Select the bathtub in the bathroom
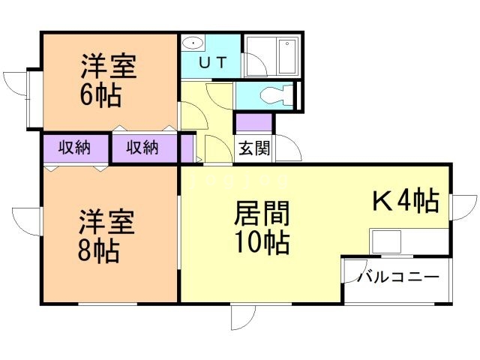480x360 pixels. (x=287, y=55)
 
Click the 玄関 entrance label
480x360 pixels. (x=254, y=148)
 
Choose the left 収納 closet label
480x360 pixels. (x=74, y=148)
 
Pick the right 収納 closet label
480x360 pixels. (x=142, y=148)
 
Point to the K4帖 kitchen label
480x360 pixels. (x=406, y=201)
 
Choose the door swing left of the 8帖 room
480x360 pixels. (x=27, y=218)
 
